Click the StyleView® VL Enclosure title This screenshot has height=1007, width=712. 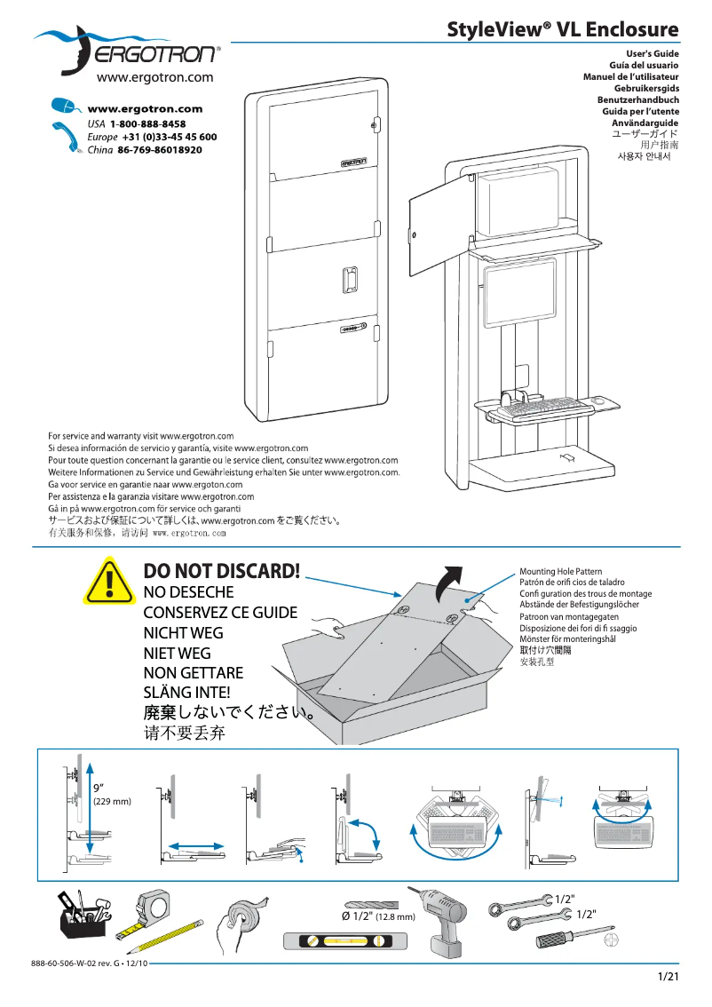pos(563,30)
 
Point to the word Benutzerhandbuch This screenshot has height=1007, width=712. pos(638,100)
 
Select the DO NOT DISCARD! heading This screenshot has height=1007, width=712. pos(222,571)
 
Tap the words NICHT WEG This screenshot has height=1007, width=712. pos(184,633)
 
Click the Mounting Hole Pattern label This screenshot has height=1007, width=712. pos(560,572)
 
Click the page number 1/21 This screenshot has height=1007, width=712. pos(668,978)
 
